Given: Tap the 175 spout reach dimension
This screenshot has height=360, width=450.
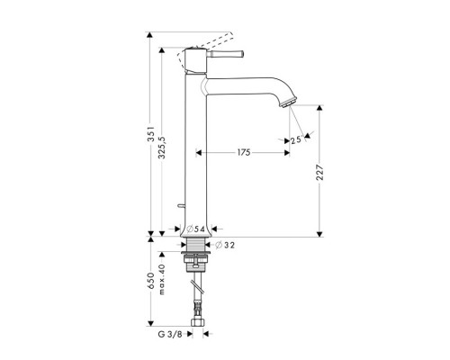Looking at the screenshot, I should click(243, 154).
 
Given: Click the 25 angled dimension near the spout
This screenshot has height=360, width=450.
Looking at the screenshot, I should click(296, 139).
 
